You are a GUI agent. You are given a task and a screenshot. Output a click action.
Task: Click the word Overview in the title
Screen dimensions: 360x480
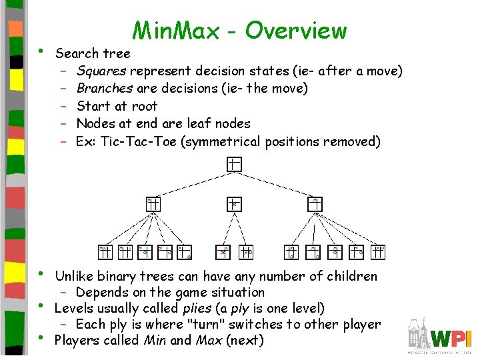click(x=296, y=31)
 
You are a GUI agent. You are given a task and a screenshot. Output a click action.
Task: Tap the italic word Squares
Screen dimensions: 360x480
click(x=101, y=71)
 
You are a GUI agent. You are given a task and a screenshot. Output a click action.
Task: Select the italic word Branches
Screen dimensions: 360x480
click(x=105, y=88)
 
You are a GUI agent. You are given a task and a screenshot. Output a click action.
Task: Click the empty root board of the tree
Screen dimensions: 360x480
click(x=233, y=164)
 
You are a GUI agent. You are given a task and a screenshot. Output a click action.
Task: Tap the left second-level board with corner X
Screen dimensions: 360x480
click(x=153, y=203)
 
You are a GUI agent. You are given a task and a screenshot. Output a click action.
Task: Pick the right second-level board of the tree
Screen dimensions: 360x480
click(x=316, y=203)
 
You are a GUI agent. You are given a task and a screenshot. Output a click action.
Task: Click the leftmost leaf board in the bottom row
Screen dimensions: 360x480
click(x=105, y=251)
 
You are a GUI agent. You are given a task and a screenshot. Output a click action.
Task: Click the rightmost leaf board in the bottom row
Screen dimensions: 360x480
click(x=379, y=251)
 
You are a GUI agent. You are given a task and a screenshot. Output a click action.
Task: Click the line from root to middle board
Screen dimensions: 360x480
click(x=233, y=183)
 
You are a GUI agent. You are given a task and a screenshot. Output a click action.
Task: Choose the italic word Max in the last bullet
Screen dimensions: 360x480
click(x=209, y=341)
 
